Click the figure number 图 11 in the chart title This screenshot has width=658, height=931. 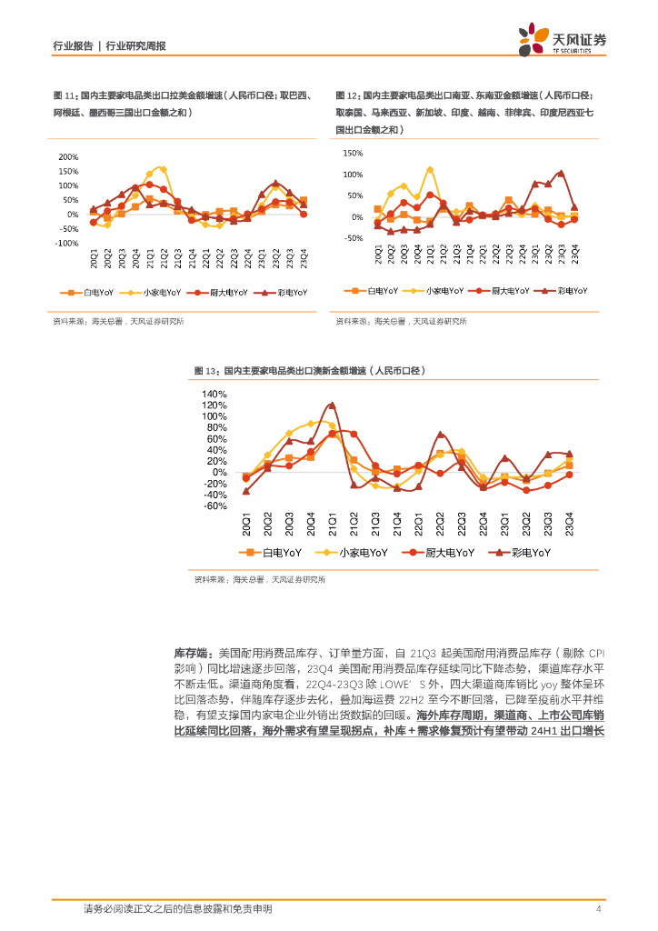click(x=64, y=95)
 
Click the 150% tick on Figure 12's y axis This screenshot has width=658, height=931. click(x=354, y=153)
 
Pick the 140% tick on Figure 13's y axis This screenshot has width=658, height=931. click(x=215, y=394)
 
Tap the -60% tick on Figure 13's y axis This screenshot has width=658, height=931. click(x=216, y=506)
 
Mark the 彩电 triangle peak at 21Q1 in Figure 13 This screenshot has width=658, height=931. click(x=332, y=405)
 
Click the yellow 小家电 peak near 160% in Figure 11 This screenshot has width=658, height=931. click(x=162, y=168)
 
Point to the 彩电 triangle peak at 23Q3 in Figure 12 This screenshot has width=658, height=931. click(x=561, y=173)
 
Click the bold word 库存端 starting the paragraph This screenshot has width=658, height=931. click(x=190, y=654)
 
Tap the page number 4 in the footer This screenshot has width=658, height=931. click(x=598, y=909)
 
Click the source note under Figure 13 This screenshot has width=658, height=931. click(x=260, y=579)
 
